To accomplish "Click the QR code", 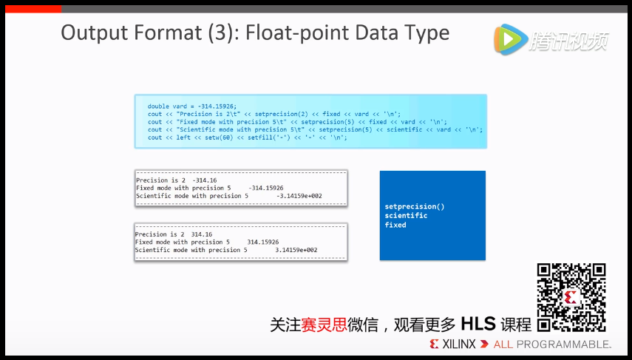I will click(x=571, y=296).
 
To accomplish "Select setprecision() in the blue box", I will click(x=415, y=207).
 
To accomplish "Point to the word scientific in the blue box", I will click(x=406, y=216).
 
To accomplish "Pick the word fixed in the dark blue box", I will click(x=395, y=225).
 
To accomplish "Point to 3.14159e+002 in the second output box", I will click(x=296, y=250).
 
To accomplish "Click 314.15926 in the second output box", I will click(x=262, y=242).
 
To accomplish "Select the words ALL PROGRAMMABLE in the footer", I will click(x=552, y=344).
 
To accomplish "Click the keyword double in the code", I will click(x=158, y=106).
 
